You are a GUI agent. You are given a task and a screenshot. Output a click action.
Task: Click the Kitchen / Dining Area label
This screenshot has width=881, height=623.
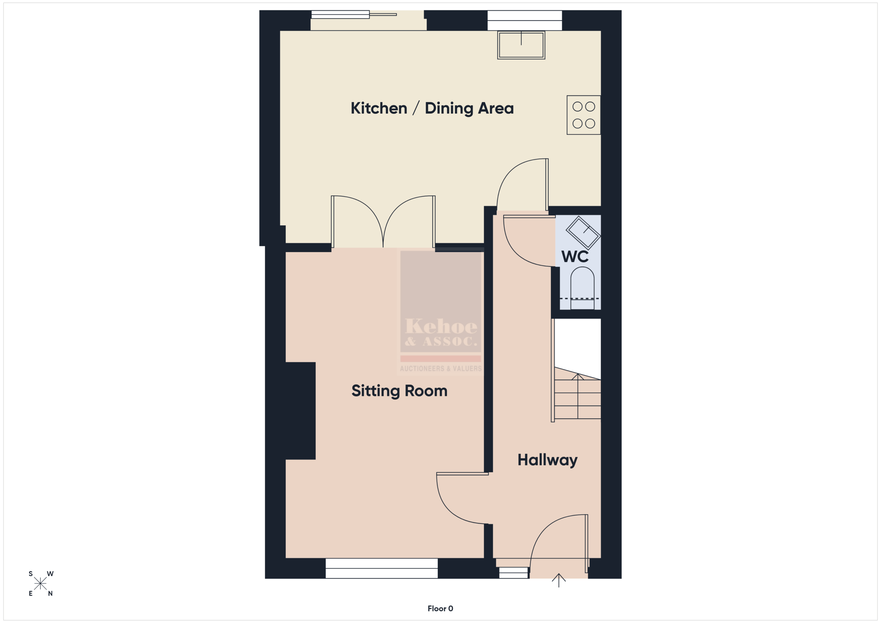(x=432, y=109)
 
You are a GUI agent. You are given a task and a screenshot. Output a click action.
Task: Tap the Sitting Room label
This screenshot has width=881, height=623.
(x=400, y=391)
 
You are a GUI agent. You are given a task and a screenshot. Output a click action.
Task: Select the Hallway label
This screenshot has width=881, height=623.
(x=547, y=460)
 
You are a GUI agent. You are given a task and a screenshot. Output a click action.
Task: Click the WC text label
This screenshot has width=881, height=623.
(x=575, y=257)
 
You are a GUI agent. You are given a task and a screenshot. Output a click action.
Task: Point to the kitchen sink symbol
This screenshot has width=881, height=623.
(x=521, y=45)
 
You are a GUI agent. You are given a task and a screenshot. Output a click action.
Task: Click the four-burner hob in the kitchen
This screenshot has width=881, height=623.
(x=584, y=115)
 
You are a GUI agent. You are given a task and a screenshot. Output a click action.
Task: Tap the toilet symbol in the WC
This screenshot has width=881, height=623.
(x=583, y=288)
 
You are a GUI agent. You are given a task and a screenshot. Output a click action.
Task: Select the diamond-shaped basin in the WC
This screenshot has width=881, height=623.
(x=583, y=233)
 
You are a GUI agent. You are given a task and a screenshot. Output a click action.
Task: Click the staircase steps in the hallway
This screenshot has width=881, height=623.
(x=577, y=395)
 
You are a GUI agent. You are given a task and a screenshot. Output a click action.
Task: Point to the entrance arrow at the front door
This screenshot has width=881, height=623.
(x=559, y=580)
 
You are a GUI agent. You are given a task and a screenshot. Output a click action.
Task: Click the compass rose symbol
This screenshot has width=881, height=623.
(x=40, y=583)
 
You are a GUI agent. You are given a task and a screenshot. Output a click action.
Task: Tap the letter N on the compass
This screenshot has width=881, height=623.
(x=50, y=593)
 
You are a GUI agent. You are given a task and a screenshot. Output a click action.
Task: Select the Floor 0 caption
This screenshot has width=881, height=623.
(x=440, y=609)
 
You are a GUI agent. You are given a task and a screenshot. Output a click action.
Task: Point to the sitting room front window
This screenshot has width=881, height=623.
(x=381, y=568)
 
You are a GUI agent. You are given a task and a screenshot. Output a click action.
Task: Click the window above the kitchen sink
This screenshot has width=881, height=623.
(x=524, y=20)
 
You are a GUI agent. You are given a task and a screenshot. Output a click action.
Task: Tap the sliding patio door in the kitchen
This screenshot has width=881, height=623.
(x=368, y=20)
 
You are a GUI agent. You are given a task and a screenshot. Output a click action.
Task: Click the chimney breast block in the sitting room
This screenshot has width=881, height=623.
(x=300, y=411)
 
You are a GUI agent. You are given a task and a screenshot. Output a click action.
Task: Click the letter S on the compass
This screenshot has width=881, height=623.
(x=31, y=574)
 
